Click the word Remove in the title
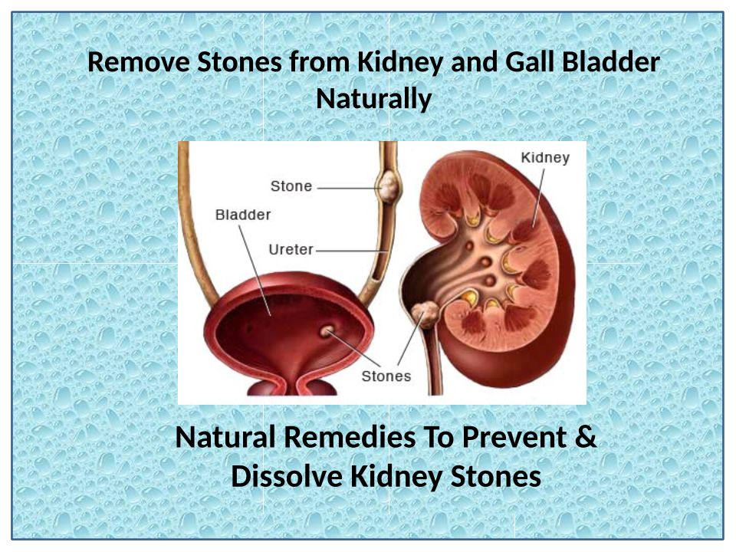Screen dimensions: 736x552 click(x=139, y=62)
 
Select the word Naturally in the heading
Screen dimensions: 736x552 click(x=373, y=100)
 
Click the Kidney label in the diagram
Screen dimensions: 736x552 click(x=545, y=158)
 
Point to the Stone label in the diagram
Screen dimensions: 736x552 click(x=291, y=186)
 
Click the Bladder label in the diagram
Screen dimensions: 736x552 click(x=243, y=215)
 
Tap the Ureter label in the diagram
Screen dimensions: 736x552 click(x=291, y=249)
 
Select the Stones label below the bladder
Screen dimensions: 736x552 click(x=386, y=376)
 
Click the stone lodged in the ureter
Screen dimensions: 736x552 click(x=389, y=187)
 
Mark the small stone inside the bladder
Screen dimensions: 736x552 click(x=327, y=331)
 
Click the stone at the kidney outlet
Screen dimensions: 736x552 click(x=426, y=314)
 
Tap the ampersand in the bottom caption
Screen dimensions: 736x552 click(x=585, y=437)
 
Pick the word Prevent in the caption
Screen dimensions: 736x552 click(x=514, y=437)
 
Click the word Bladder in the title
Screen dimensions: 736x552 click(x=611, y=61)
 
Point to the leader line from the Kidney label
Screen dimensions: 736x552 click(x=538, y=198)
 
